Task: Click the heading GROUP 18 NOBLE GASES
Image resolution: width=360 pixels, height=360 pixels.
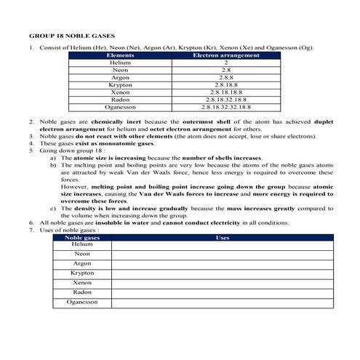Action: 71,35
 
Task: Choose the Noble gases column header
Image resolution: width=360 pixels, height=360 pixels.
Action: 81,237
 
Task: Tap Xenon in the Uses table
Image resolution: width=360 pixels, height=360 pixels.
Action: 81,282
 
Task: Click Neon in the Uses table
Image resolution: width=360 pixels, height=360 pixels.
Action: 81,254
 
